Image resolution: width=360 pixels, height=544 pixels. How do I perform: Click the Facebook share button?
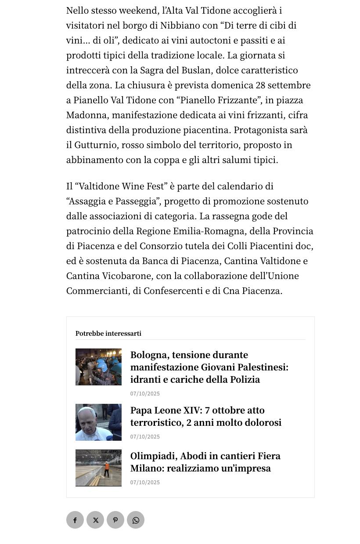(75, 520)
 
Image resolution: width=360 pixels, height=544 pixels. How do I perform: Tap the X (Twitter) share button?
(95, 520)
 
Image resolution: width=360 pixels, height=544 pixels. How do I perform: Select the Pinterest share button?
(115, 520)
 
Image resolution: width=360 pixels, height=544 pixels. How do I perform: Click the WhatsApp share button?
(136, 520)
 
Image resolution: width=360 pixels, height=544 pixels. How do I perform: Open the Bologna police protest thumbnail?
(98, 367)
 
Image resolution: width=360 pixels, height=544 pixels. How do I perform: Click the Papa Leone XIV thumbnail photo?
(98, 422)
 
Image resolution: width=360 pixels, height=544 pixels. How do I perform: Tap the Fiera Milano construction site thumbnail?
(98, 468)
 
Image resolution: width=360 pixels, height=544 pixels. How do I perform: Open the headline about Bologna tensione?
(209, 367)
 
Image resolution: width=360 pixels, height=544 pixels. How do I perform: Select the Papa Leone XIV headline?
(205, 416)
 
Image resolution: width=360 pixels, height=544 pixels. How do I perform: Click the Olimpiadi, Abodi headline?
(205, 462)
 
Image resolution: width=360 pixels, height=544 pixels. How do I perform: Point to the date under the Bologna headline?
(145, 394)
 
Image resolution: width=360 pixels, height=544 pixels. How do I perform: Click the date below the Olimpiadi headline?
(145, 482)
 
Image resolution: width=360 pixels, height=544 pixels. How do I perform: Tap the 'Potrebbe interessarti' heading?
(108, 334)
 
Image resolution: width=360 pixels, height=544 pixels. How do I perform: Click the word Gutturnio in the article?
(95, 145)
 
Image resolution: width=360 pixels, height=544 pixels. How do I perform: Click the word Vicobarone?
(127, 276)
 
